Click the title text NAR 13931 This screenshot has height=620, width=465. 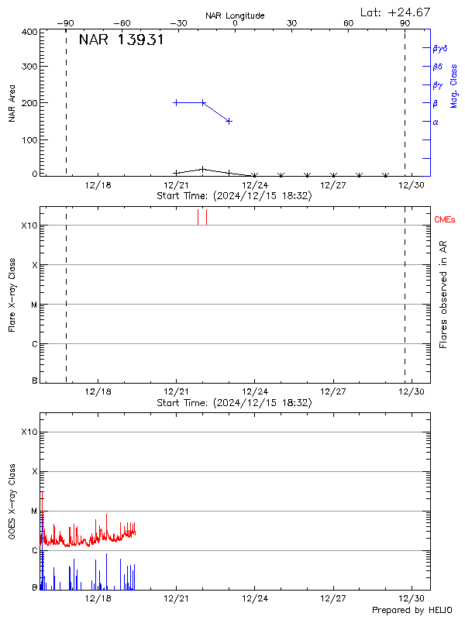[x=121, y=40]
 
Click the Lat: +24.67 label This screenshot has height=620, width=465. [x=396, y=12]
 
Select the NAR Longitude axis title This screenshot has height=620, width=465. [x=235, y=15]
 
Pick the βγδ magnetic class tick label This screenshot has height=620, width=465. [x=440, y=48]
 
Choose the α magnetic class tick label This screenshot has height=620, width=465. [x=436, y=122]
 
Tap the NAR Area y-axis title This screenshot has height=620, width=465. [x=12, y=103]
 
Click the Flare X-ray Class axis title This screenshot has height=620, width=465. [x=12, y=297]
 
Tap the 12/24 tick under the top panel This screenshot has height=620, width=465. [x=255, y=185]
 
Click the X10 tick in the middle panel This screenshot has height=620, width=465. [x=29, y=226]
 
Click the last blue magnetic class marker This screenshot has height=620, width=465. [x=229, y=121]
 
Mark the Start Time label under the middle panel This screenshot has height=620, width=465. [x=234, y=403]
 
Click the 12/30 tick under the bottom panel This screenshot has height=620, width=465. [x=411, y=599]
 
